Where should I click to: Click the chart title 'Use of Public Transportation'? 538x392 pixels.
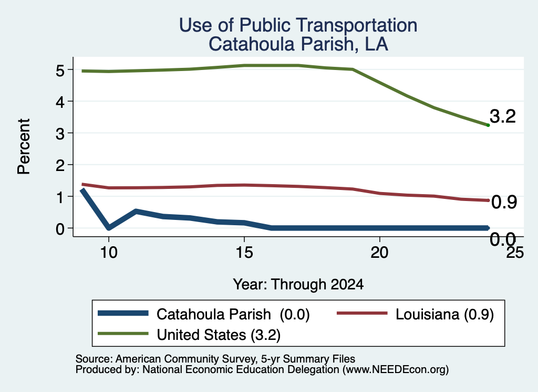pos(298,25)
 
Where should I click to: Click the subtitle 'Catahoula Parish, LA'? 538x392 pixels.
pos(298,44)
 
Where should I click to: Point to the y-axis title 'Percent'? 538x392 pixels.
pos(24,146)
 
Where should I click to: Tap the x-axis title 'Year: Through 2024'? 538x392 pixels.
pos(298,285)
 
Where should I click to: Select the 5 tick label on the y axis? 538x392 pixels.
pos(60,71)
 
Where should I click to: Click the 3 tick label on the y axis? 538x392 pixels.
pos(60,133)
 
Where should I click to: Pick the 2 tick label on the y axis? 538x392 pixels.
pos(60,165)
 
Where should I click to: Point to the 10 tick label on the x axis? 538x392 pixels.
pos(109,253)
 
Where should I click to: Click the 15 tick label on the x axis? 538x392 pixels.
pos(244,253)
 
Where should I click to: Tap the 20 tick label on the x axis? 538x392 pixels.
pos(379,253)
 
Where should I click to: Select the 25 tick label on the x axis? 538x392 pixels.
pos(515,253)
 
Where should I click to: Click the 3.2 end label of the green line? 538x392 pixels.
pos(503,116)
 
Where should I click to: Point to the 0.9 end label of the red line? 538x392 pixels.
pos(504,202)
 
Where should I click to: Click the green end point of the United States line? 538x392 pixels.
pos(488,125)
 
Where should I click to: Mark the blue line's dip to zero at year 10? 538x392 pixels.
pos(109,227)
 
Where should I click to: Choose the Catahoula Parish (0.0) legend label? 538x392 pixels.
pos(233,314)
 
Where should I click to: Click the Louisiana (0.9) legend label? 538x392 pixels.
pos(444,314)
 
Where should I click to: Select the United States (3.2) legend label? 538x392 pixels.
pos(219,335)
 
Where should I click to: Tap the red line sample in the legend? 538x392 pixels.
pos(363,313)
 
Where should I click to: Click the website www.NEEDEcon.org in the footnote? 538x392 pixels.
pos(395,370)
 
